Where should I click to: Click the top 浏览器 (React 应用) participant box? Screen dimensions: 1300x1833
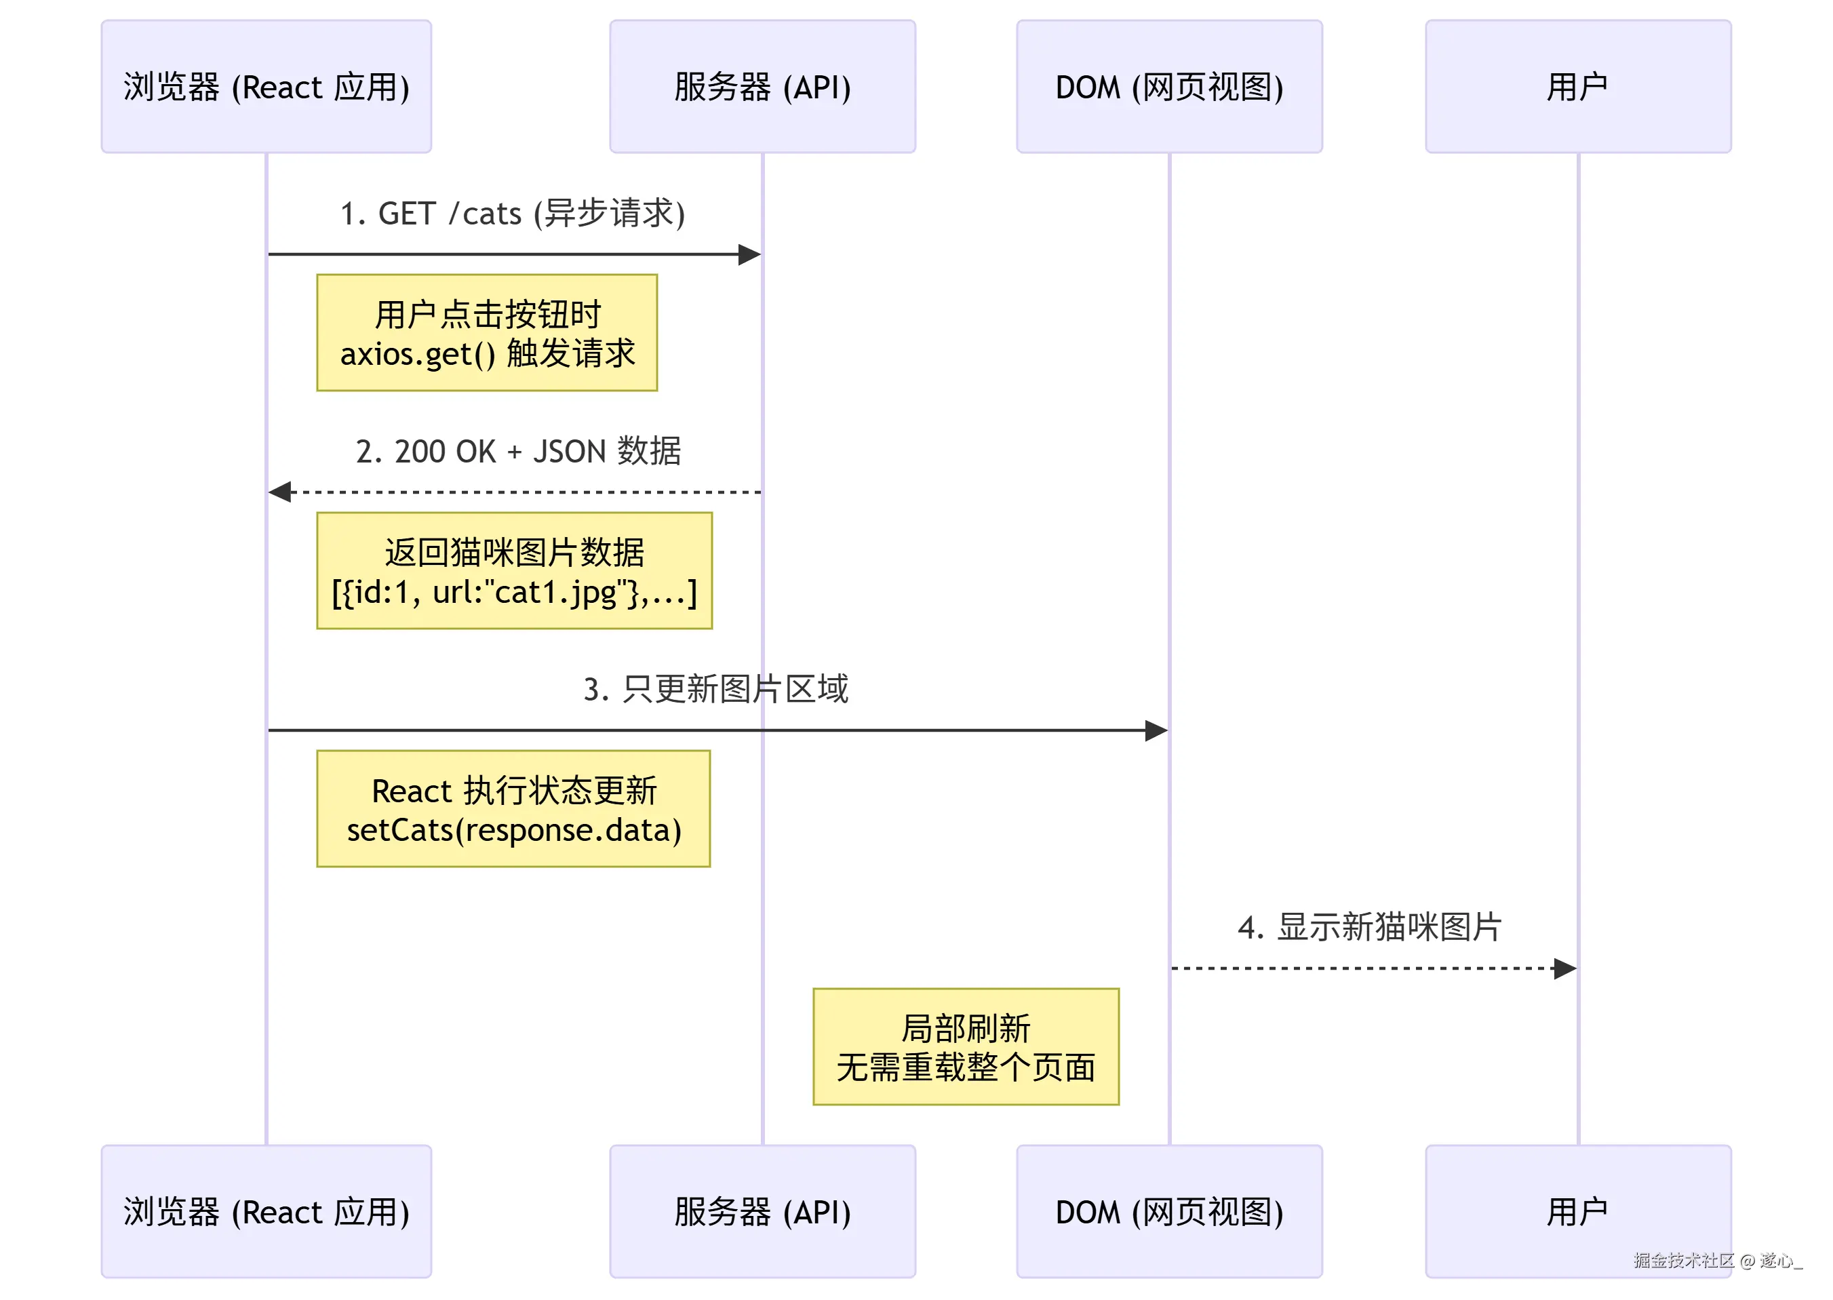click(266, 86)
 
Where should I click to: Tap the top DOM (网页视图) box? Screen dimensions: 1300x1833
click(1168, 86)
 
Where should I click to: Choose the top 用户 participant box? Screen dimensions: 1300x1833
click(1577, 86)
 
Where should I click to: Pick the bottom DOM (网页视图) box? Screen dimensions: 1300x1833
click(1168, 1210)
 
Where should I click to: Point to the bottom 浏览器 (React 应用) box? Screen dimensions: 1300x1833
click(266, 1210)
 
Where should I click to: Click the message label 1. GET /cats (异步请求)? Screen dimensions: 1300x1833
click(512, 214)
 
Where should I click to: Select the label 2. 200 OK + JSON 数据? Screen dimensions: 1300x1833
click(518, 452)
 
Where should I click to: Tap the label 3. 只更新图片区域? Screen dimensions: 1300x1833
click(715, 689)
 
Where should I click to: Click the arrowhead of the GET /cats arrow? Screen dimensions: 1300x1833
click(749, 254)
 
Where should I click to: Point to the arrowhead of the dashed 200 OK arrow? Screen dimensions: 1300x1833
click(280, 492)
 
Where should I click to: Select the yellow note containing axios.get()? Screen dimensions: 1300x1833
click(487, 333)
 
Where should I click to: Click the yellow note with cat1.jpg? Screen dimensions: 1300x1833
click(514, 571)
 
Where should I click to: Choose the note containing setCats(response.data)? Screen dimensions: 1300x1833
click(513, 808)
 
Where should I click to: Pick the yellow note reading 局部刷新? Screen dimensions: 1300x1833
click(966, 1046)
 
